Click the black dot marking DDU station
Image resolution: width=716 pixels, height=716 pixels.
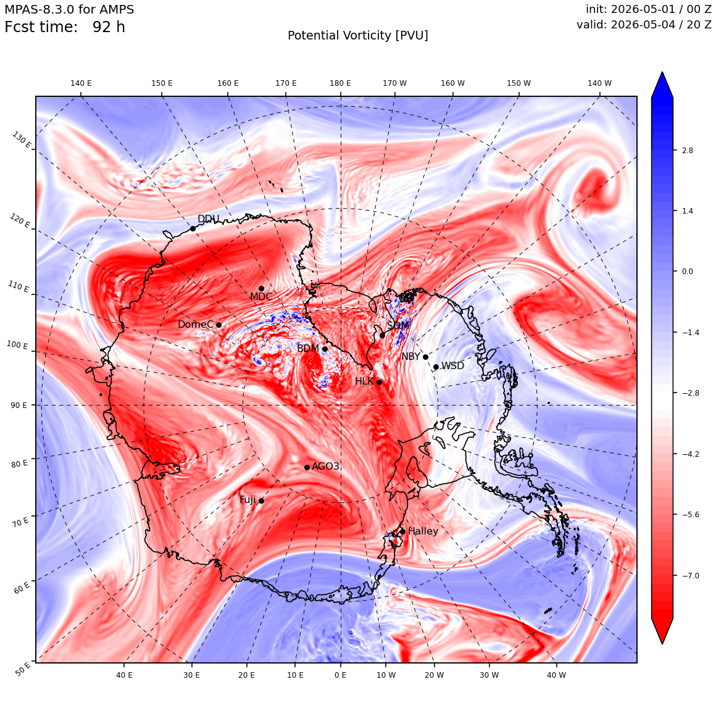tap(193, 228)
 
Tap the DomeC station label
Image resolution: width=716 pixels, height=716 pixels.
tap(196, 324)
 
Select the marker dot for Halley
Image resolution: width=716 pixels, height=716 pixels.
tap(402, 531)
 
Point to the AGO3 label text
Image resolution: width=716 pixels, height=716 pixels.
tap(325, 466)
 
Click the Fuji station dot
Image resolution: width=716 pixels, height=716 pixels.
tap(261, 501)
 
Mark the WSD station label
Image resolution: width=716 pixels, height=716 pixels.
tap(452, 366)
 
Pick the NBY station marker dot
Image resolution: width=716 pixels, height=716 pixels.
tap(425, 357)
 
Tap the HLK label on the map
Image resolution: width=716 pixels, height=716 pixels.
tap(364, 381)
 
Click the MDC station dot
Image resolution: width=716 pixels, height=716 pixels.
tap(261, 289)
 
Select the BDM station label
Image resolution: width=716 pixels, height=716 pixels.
tap(308, 348)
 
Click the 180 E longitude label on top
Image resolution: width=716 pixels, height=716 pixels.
tap(340, 83)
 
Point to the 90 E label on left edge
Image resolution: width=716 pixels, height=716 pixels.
tap(19, 405)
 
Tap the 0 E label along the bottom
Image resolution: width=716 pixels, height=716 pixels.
tap(340, 675)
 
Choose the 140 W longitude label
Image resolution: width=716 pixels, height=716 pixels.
tap(599, 83)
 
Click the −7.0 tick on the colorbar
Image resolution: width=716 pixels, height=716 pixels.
tap(691, 575)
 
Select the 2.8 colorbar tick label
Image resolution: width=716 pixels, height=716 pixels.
tap(687, 150)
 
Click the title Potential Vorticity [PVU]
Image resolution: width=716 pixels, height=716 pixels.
tap(358, 36)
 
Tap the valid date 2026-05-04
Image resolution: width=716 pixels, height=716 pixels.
tap(643, 24)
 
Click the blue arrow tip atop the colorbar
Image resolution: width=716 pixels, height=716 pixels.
tap(662, 72)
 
